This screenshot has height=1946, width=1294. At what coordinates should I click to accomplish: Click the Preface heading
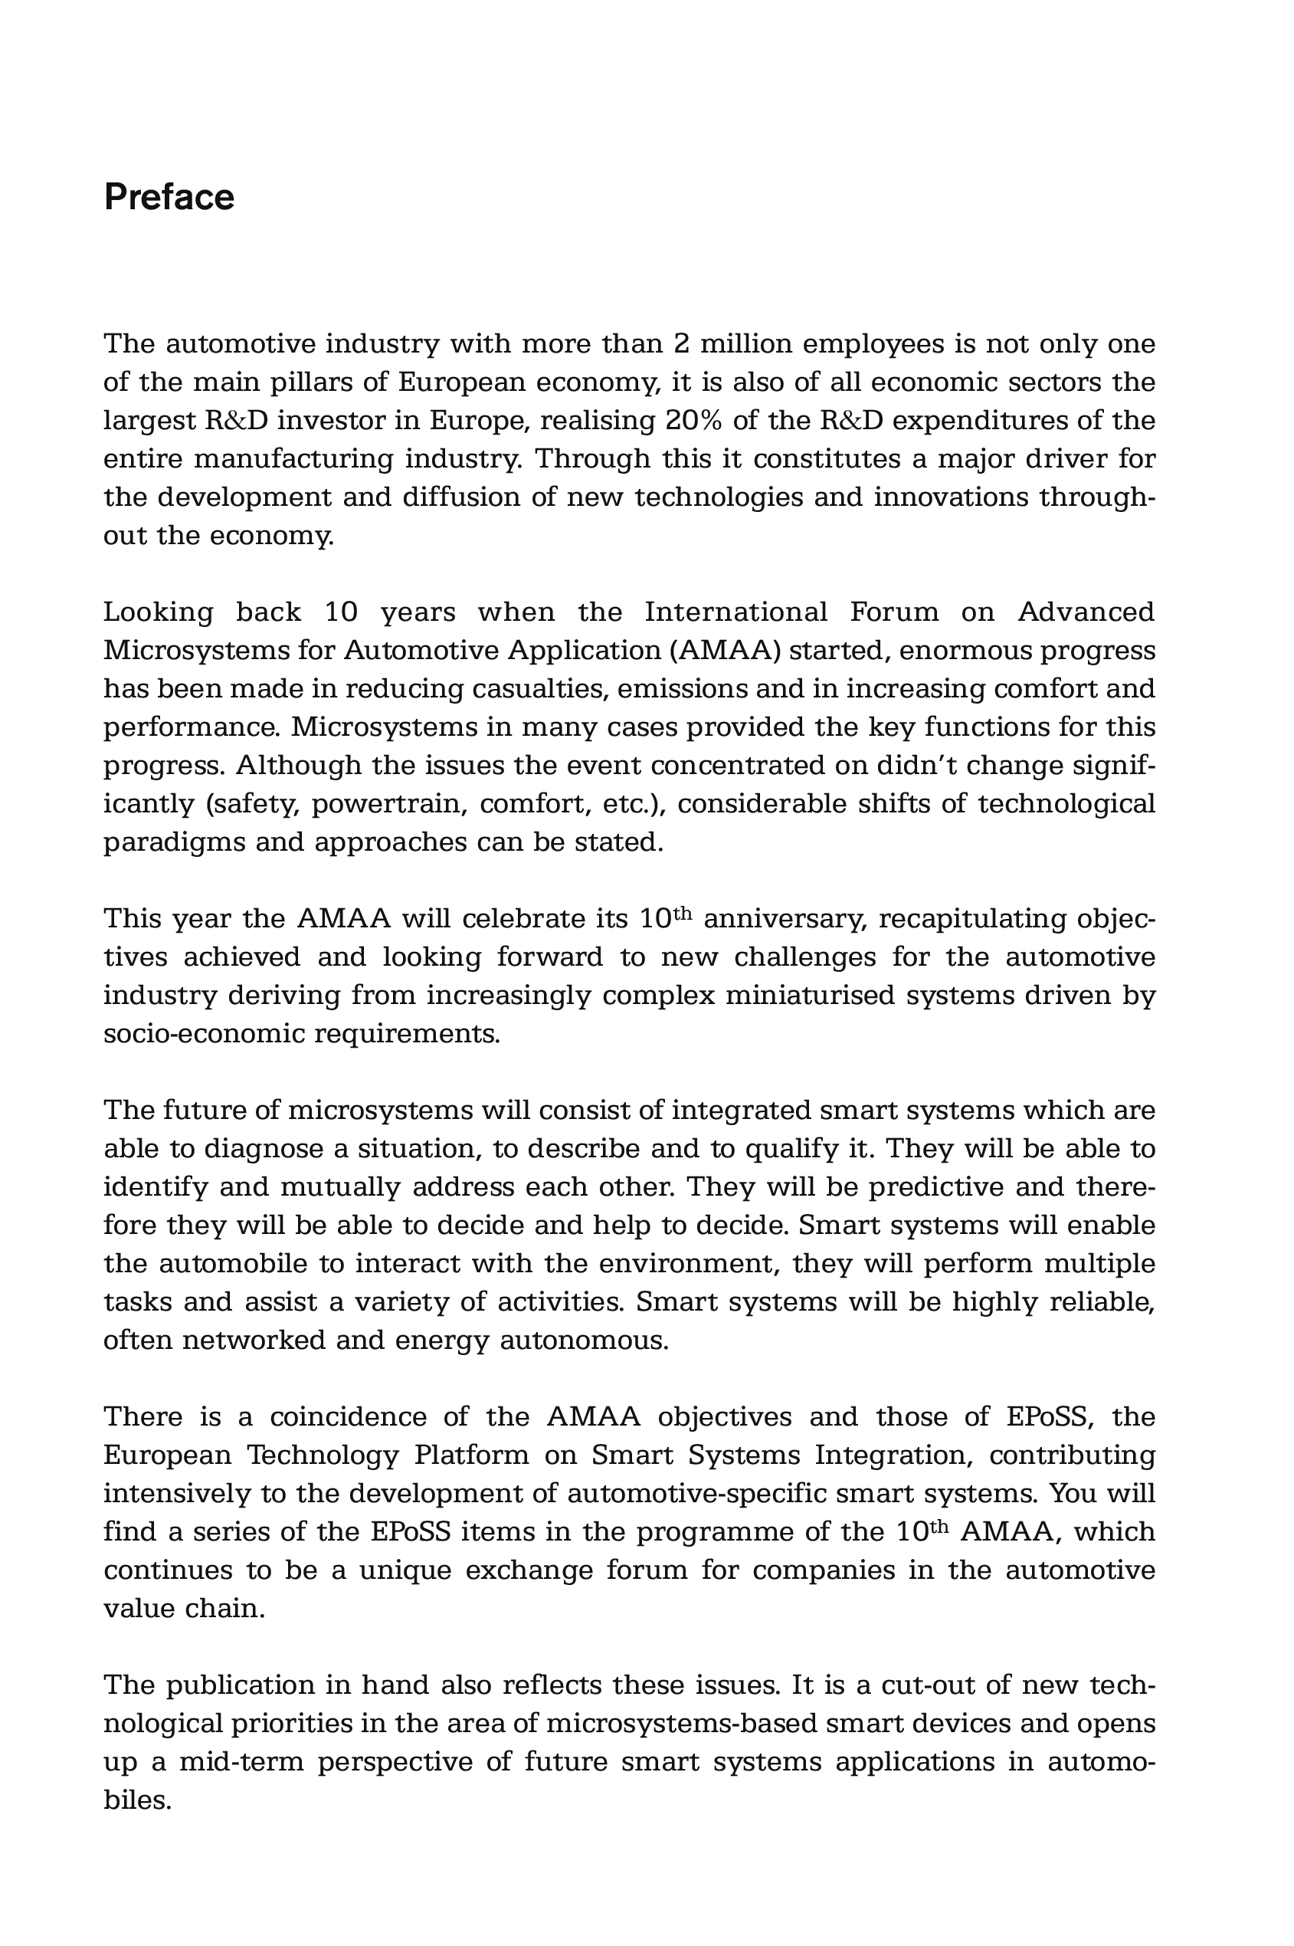click(169, 197)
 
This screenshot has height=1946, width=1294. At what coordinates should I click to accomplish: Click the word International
click(735, 612)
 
